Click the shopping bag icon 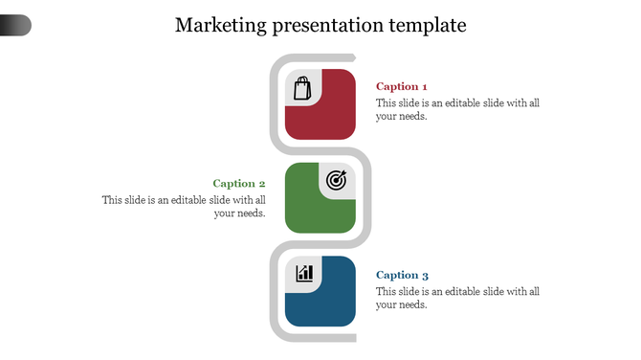(302, 88)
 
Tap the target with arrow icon (336, 180)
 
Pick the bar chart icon (304, 274)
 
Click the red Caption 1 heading (402, 86)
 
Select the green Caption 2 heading (239, 183)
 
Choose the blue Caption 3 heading (402, 275)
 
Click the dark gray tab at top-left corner (15, 26)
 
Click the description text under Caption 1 (457, 109)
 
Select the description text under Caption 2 (184, 207)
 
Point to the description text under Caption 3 (457, 298)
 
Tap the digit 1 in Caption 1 (424, 86)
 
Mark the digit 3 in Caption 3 (425, 275)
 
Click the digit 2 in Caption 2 (261, 183)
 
